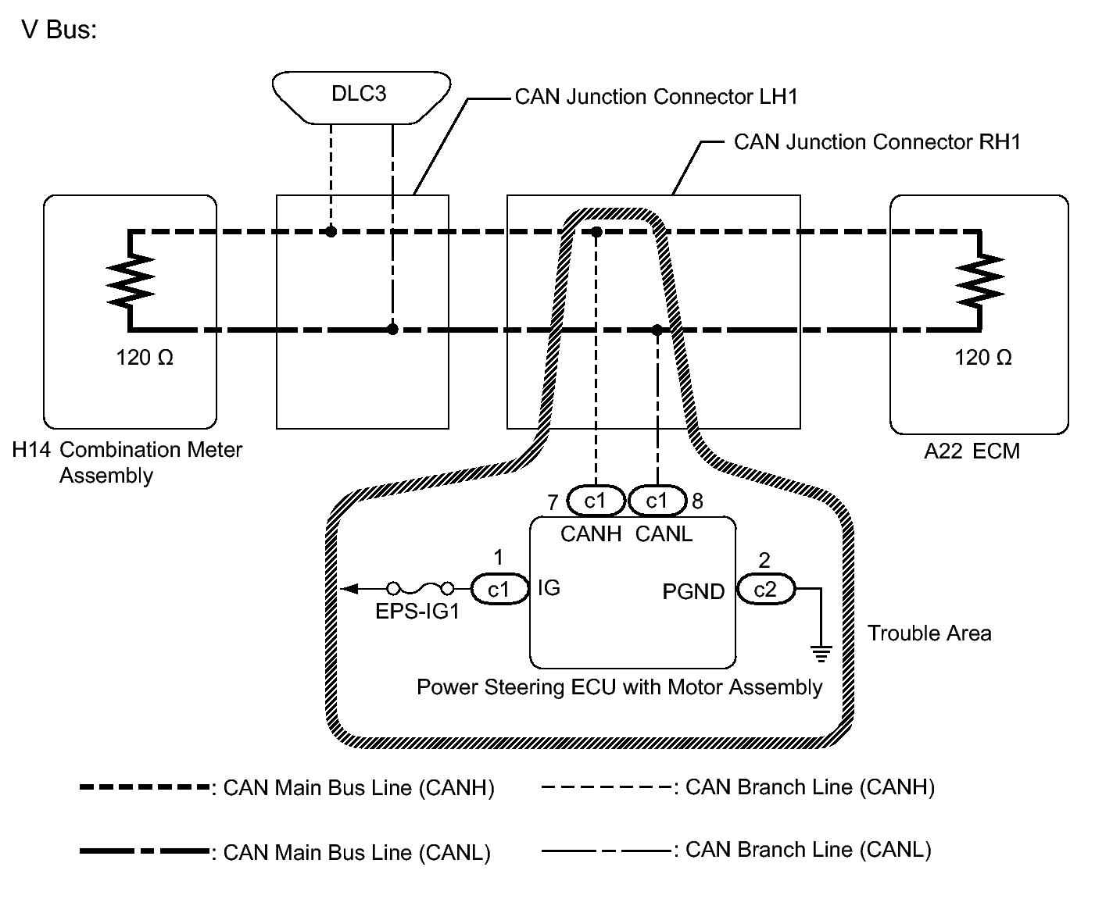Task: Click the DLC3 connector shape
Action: (x=361, y=98)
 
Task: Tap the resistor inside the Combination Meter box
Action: (x=130, y=280)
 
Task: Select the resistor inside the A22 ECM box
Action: (x=980, y=280)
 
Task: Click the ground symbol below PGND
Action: (x=821, y=653)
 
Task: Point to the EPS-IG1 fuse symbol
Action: (x=420, y=589)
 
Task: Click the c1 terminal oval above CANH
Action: (x=595, y=501)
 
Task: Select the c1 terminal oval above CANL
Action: (x=657, y=501)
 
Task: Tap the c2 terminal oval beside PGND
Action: (x=765, y=590)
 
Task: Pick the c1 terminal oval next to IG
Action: (x=499, y=590)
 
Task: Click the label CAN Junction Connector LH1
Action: (x=656, y=97)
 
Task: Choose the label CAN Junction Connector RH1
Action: (x=877, y=142)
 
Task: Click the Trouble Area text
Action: (x=929, y=633)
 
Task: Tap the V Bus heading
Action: (x=59, y=29)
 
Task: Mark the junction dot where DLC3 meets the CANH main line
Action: (x=331, y=231)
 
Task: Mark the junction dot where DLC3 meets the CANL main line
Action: (x=392, y=330)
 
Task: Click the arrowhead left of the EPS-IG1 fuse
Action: (x=349, y=589)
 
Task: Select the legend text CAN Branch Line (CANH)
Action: (x=810, y=787)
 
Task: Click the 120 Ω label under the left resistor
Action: (x=145, y=358)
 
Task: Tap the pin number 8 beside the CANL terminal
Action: (x=698, y=501)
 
